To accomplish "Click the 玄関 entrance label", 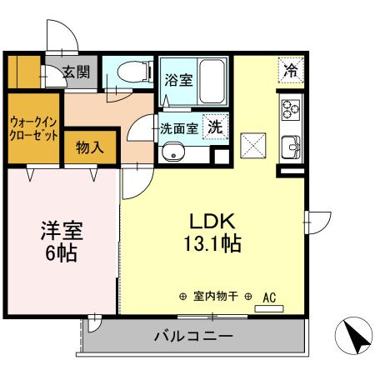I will (77, 73).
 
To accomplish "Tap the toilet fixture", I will (129, 74).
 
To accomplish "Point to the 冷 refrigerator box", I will (291, 71).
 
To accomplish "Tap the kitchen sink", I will (291, 146).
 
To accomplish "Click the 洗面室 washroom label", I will (178, 129).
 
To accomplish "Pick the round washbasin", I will (173, 153).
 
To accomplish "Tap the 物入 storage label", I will (89, 148).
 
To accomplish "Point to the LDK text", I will (214, 222).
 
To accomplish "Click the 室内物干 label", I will (215, 296).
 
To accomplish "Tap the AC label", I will (269, 296).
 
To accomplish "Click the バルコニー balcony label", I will (193, 337).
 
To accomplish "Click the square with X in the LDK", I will (252, 146).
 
